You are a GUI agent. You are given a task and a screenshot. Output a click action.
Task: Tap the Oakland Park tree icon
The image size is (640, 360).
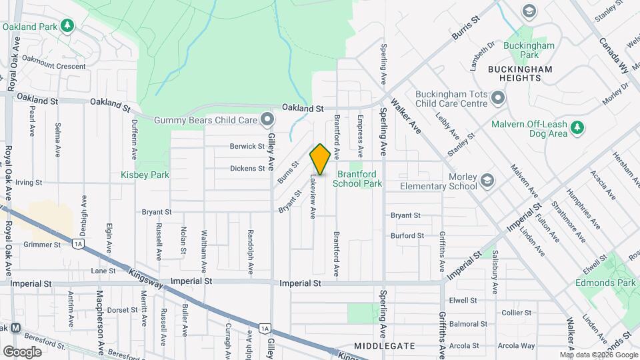pyautogui.click(x=67, y=26)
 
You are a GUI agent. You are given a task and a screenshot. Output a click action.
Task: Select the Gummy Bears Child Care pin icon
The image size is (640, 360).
pyautogui.click(x=267, y=120)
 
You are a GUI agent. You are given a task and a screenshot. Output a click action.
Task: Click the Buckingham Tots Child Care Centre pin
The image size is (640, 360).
pyautogui.click(x=498, y=99)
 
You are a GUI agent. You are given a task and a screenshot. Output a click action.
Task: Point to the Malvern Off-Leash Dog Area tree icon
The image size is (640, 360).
pyautogui.click(x=578, y=128)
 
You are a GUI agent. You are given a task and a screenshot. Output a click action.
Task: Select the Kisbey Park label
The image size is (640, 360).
pyautogui.click(x=145, y=175)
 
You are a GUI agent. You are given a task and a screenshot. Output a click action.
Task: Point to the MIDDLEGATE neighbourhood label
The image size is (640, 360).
pyautogui.click(x=385, y=346)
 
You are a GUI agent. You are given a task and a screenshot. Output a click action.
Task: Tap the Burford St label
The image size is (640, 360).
pyautogui.click(x=407, y=236)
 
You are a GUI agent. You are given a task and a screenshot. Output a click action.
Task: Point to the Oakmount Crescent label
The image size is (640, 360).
pyautogui.click(x=54, y=67)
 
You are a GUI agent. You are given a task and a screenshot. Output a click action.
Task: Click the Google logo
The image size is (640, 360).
pyautogui.click(x=22, y=351)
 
